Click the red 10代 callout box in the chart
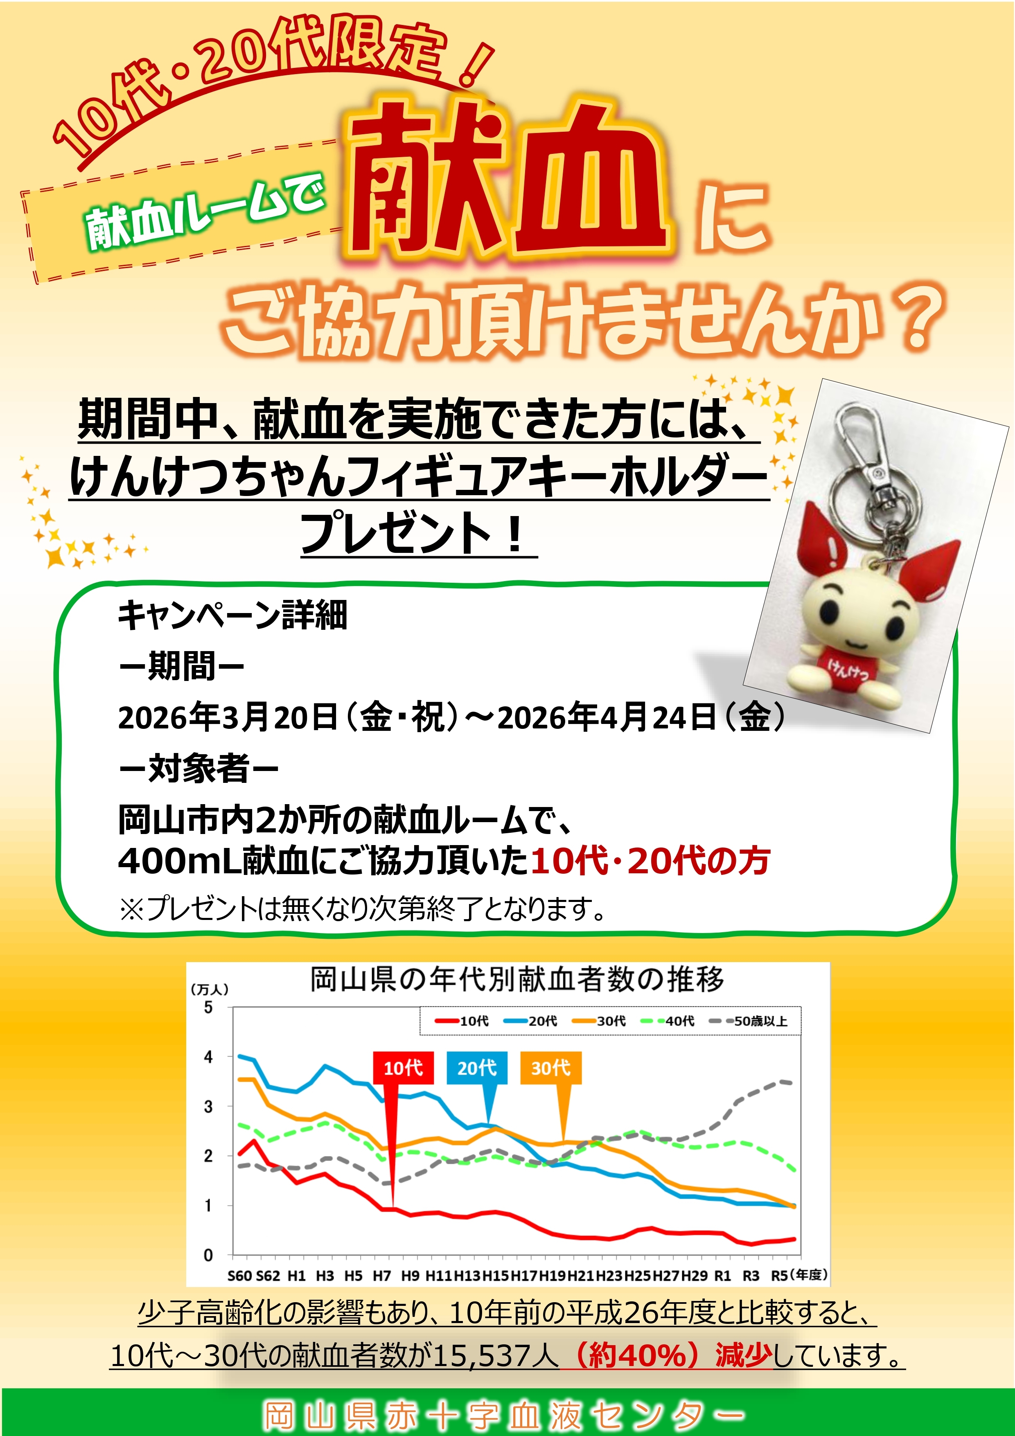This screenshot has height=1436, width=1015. click(x=403, y=1068)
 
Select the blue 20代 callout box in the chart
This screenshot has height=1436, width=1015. click(x=476, y=1068)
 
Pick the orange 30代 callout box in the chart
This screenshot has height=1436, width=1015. click(x=550, y=1068)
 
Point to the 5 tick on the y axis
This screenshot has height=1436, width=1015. click(x=208, y=1008)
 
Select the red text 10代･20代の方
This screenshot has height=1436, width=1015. click(x=650, y=861)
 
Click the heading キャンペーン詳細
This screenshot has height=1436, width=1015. click(x=232, y=615)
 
